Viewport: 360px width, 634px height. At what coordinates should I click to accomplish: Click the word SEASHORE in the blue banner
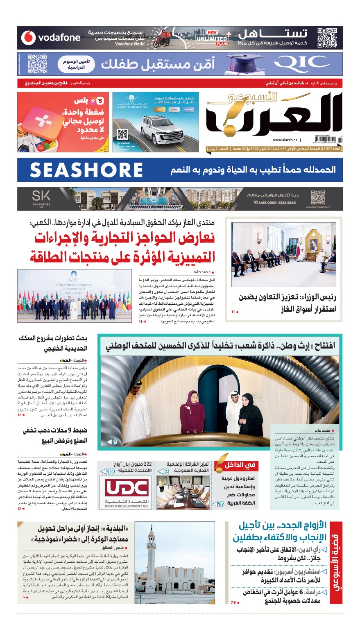[x=86, y=170]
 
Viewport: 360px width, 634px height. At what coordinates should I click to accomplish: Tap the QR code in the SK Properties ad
[x=318, y=198]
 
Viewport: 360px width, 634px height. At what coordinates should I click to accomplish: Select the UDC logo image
[x=127, y=490]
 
